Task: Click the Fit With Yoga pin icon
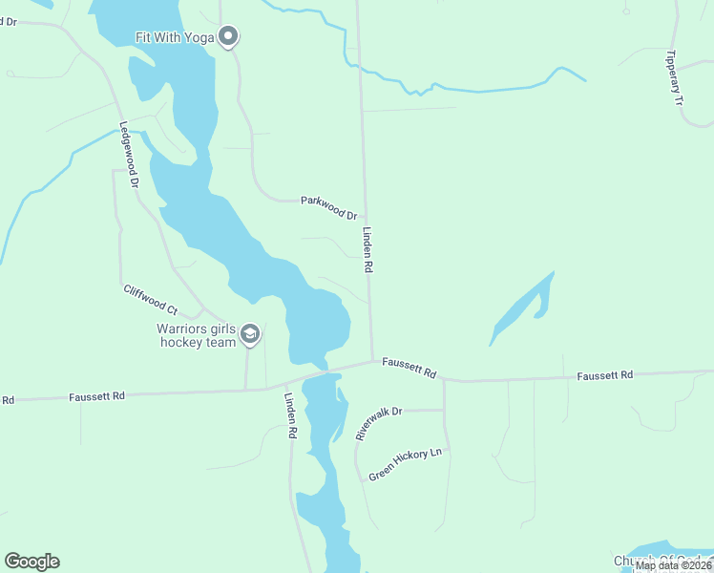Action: pos(228,37)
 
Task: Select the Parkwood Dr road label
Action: pos(328,207)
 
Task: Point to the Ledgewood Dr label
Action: pos(130,153)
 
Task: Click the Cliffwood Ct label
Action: pos(150,300)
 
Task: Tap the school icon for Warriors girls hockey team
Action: pos(250,333)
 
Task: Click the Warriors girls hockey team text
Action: pos(197,335)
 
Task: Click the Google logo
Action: pos(31,562)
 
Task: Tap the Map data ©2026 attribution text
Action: pos(673,565)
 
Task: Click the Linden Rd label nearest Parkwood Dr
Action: pos(367,250)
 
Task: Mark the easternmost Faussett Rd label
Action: pos(605,375)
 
